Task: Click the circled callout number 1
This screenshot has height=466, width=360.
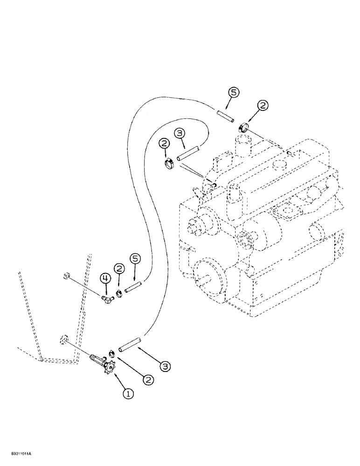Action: (x=128, y=393)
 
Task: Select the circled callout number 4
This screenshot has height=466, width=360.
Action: (x=106, y=279)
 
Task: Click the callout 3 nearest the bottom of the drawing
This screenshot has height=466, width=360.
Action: (x=164, y=366)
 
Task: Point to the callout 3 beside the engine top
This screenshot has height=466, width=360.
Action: (x=180, y=134)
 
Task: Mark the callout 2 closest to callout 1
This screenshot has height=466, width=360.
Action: (x=148, y=380)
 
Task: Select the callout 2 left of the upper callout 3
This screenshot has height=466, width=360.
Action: (x=164, y=144)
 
